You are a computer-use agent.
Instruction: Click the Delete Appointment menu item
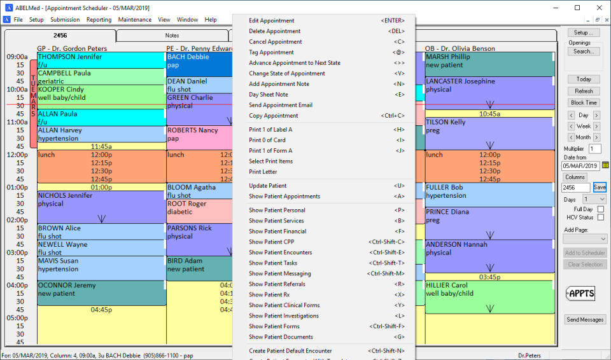coord(274,31)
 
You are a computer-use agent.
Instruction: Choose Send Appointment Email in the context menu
coord(280,105)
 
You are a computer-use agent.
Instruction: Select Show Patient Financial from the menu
coord(277,232)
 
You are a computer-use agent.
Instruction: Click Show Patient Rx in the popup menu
coord(269,294)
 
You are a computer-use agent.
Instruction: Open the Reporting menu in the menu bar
coord(99,20)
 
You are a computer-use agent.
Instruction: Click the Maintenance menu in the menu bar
coord(134,20)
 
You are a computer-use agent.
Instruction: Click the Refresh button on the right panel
coord(584,91)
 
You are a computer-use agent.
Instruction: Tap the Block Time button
coord(584,102)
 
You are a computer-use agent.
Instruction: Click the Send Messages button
coord(585,319)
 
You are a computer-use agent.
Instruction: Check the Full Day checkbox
coord(601,209)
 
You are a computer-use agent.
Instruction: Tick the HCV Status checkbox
coord(601,218)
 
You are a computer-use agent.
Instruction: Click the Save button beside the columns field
coord(600,188)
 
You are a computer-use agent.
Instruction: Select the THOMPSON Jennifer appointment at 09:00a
coord(101,60)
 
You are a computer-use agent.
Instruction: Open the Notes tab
coord(172,36)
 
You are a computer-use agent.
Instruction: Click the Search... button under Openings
coord(583,52)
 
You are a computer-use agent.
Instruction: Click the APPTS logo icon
coord(580,294)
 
